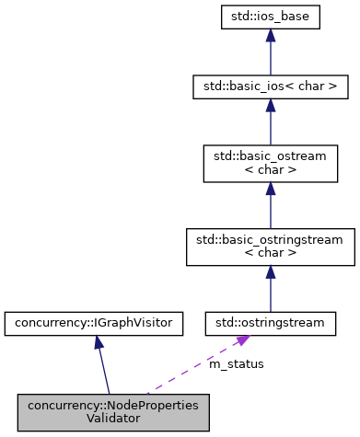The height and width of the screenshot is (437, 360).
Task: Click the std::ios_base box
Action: (x=270, y=17)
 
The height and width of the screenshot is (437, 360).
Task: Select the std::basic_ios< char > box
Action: (x=270, y=88)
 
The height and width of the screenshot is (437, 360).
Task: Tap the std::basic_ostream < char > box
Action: (x=270, y=167)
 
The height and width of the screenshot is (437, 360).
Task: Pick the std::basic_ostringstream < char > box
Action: (x=270, y=245)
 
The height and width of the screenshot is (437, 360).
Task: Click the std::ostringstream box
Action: (x=270, y=323)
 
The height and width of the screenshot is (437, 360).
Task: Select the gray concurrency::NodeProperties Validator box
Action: (x=113, y=410)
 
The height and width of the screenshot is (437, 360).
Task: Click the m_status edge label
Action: (x=237, y=363)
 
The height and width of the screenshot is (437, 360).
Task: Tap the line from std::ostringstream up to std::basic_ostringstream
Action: (x=270, y=294)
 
